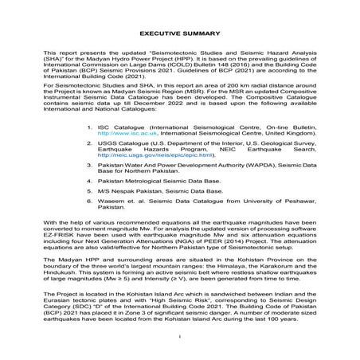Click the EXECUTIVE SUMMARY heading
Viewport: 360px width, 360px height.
(179, 35)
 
